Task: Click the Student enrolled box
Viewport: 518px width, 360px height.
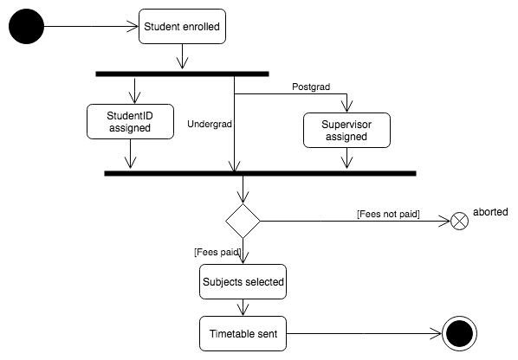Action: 182,27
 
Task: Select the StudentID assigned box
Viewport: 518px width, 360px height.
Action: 130,122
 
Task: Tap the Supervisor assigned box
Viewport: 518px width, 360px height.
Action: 346,131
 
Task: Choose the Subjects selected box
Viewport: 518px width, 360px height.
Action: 243,281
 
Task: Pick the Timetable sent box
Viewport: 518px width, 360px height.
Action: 243,333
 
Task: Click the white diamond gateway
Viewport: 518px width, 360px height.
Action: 243,222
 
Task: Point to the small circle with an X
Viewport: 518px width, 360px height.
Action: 460,222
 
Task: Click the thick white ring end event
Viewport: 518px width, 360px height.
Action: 459,333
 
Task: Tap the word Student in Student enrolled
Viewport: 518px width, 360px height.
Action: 162,27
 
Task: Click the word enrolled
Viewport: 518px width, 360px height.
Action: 201,27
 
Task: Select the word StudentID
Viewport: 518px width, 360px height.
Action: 130,116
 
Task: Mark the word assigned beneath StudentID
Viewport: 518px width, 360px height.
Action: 130,128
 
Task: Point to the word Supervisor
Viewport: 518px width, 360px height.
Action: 346,125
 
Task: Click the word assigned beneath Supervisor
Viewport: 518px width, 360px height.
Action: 346,137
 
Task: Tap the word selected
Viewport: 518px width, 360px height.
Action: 264,281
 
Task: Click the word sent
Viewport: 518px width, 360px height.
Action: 267,333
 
